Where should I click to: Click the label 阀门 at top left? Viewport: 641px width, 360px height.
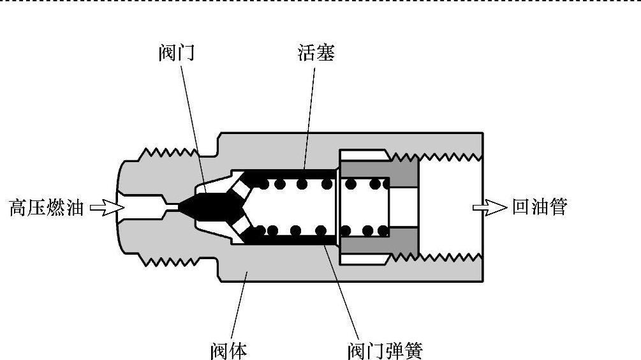[176, 52]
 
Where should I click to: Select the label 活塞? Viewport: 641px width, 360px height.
[316, 52]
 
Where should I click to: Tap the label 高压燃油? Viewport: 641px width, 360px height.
[47, 207]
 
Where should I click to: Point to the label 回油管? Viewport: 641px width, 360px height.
[539, 207]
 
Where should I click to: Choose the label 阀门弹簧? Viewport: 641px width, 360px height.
[385, 350]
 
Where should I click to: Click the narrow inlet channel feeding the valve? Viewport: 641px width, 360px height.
[150, 207]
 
